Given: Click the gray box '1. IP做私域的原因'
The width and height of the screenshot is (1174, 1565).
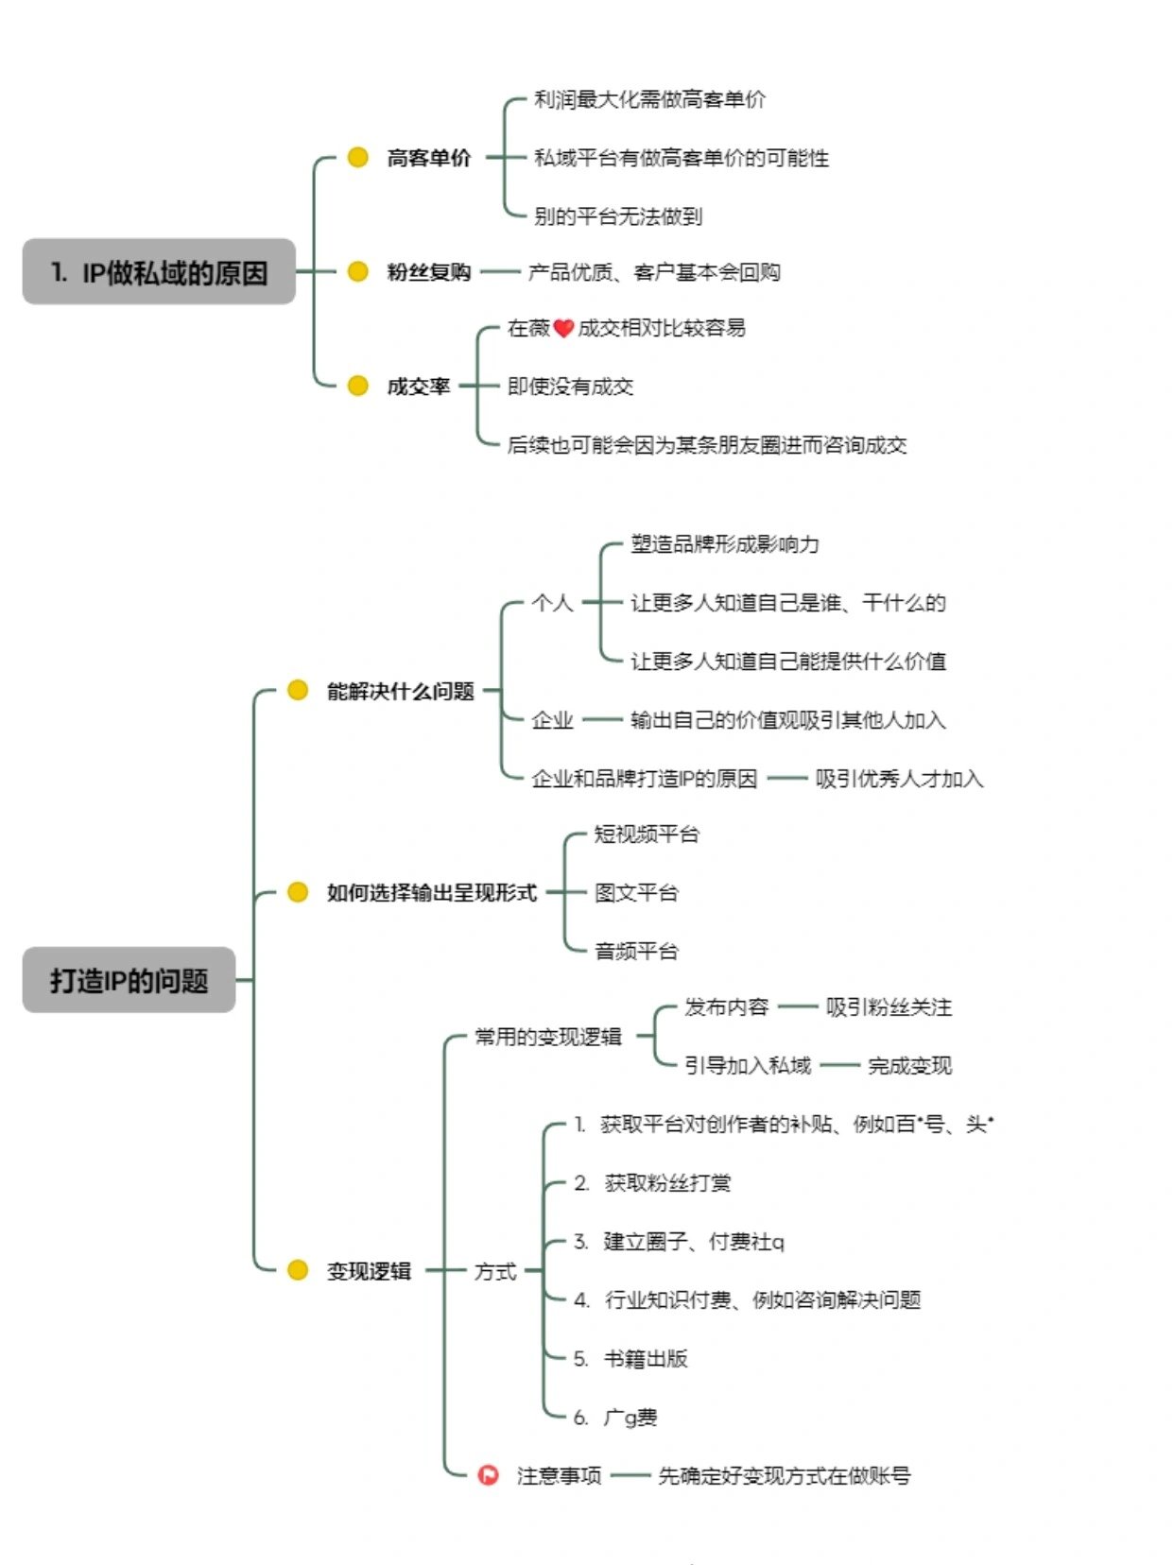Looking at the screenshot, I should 159,272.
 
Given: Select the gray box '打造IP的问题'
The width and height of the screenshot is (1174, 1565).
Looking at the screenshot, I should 129,980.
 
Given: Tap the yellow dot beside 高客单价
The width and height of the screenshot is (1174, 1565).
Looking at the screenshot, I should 357,157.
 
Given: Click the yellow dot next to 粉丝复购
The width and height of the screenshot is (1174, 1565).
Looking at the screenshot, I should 357,272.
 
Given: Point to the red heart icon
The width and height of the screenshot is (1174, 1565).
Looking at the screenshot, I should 563,328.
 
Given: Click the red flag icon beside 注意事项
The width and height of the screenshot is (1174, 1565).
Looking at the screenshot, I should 488,1474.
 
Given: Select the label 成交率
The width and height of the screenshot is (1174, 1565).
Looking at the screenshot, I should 418,386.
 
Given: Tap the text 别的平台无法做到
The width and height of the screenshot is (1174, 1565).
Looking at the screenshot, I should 618,216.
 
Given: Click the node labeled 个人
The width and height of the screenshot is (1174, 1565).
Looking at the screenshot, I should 552,603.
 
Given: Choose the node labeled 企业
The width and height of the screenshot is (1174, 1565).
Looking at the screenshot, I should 552,720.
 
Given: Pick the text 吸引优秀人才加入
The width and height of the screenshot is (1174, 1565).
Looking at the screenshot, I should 899,779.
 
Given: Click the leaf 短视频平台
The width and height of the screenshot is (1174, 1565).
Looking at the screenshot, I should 647,834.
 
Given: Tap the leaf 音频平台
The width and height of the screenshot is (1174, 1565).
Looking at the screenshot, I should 636,951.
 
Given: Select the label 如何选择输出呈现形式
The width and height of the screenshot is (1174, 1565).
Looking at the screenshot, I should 431,892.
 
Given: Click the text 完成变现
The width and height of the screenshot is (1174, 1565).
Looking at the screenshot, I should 909,1066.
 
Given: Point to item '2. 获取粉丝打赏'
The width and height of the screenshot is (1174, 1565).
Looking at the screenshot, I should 652,1183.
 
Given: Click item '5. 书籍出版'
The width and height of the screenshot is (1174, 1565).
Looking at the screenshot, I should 630,1359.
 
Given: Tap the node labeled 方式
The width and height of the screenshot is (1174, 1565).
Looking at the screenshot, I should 495,1271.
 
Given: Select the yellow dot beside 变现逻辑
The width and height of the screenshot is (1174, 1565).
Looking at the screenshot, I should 298,1270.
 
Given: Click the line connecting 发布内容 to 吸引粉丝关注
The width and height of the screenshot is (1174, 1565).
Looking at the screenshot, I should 797,1007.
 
